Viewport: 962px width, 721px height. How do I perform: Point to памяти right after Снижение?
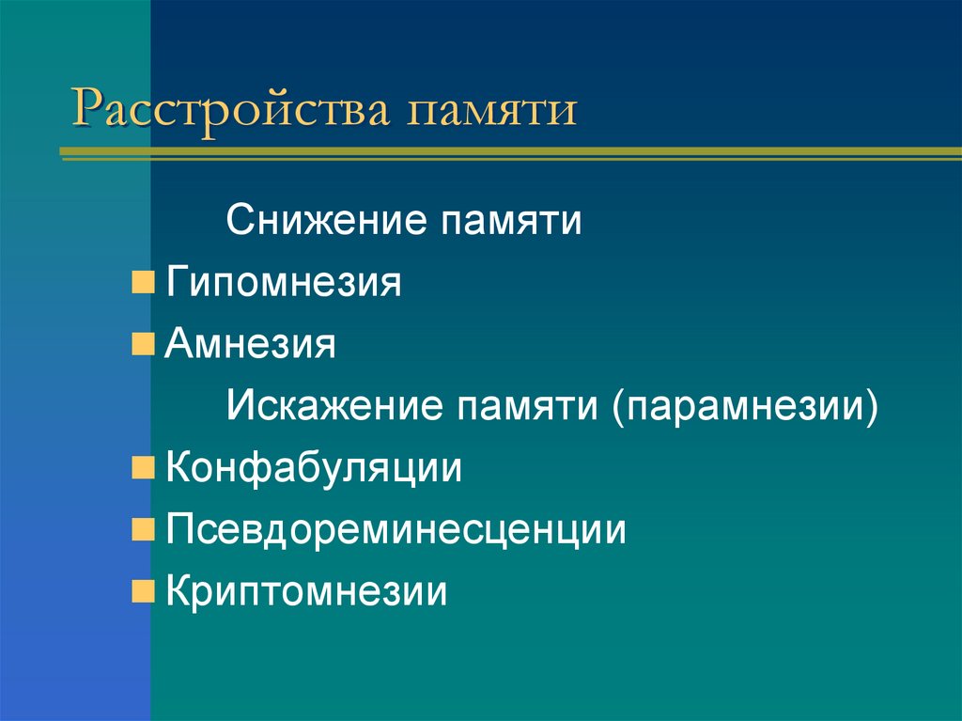(x=508, y=222)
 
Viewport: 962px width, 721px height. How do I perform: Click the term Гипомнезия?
(x=284, y=283)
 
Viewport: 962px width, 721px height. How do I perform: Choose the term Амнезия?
(x=251, y=344)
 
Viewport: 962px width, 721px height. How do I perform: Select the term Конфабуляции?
(x=314, y=467)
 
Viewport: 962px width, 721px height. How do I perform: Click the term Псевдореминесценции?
(x=396, y=529)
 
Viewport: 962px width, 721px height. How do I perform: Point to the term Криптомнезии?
(x=306, y=591)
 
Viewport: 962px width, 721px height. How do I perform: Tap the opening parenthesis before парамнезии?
(x=621, y=407)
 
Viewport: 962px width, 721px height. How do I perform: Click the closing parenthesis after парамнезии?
(x=875, y=407)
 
